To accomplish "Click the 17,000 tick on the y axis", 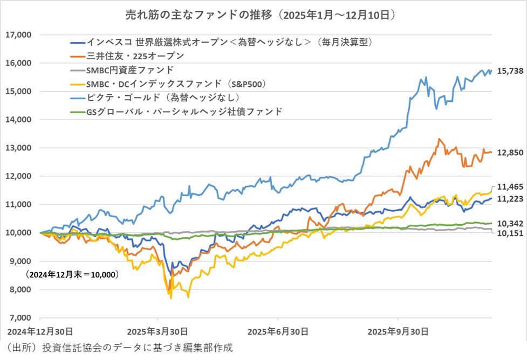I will (18, 35).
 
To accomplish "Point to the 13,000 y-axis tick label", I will (18, 148).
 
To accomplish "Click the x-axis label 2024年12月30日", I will (38, 330).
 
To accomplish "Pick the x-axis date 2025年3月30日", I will (157, 330).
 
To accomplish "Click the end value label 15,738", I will (509, 71).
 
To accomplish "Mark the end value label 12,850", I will (509, 153).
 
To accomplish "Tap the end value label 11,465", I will (509, 187).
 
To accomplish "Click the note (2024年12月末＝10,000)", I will (72, 274).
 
